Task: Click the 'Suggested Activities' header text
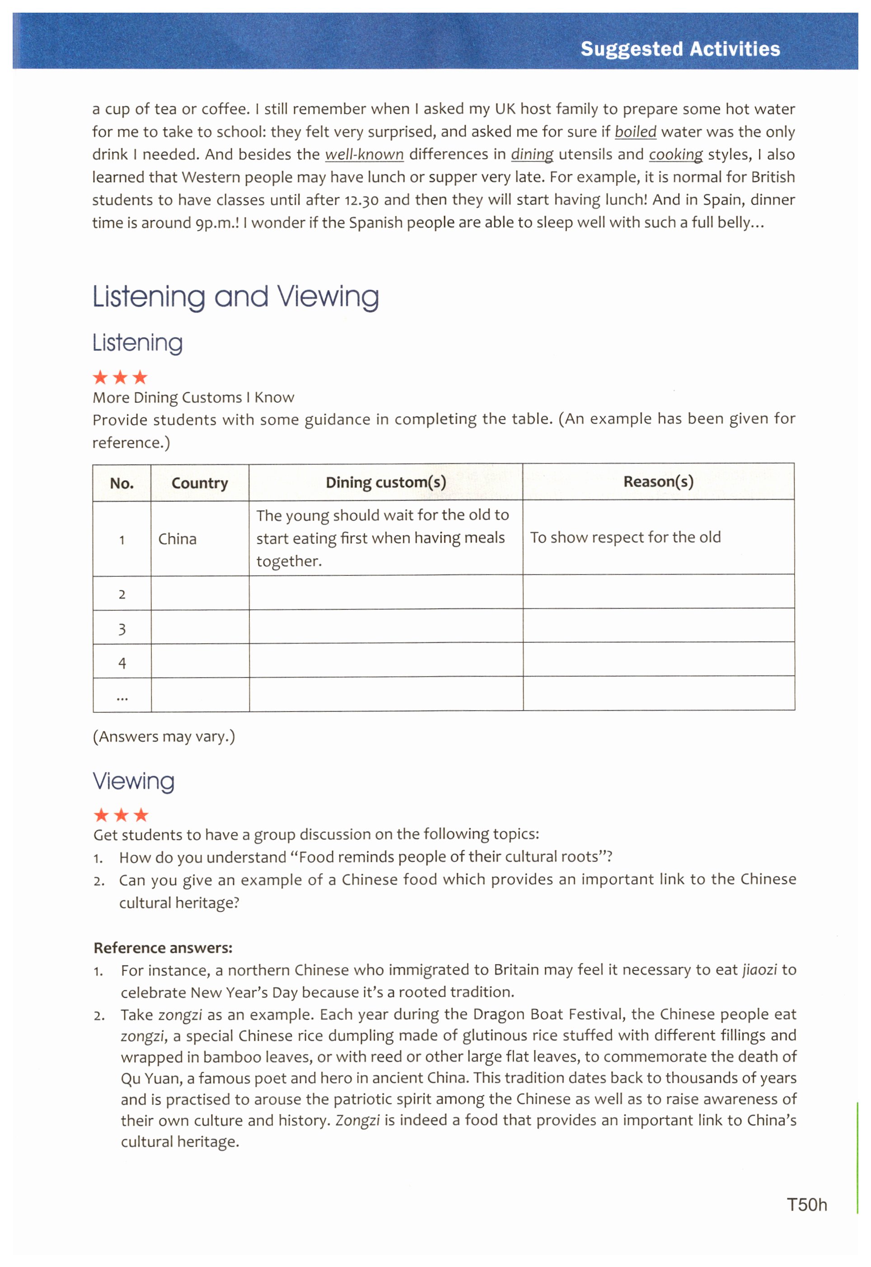(679, 49)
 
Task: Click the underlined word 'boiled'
(635, 132)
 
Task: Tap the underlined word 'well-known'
(364, 155)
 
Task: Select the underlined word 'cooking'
(676, 155)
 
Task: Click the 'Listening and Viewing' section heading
(235, 297)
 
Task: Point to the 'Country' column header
(200, 483)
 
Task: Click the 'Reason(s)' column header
(658, 481)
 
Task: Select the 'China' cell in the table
(178, 539)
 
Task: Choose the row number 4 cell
(122, 663)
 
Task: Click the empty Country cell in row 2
(200, 594)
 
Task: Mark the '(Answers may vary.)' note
(164, 737)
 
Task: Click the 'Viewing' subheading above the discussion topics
(134, 781)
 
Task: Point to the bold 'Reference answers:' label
(163, 948)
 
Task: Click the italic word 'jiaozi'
(759, 970)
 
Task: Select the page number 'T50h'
(806, 1205)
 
